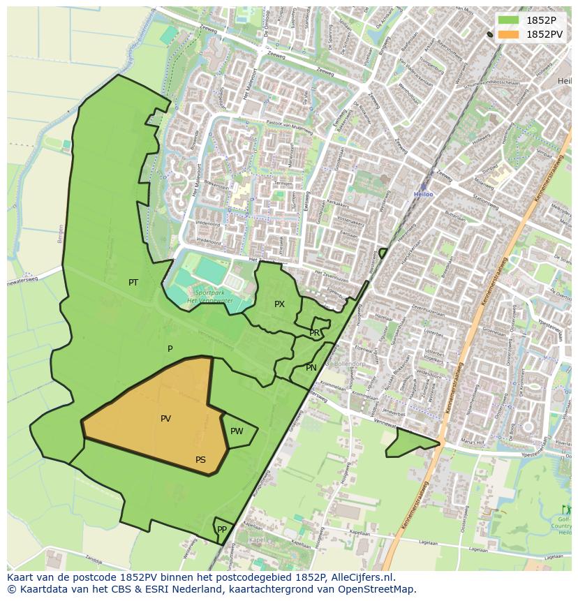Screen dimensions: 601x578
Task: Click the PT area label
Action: (133, 283)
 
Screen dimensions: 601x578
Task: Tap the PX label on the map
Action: (279, 304)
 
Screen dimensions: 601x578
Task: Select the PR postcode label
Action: (315, 333)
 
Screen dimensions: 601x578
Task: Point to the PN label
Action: (311, 368)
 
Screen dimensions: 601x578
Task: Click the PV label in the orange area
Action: (165, 419)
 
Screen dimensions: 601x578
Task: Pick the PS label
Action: (200, 460)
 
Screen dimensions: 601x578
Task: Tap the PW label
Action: (237, 431)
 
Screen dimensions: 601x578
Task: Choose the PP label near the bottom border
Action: (222, 530)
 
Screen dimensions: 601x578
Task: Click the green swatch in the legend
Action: (509, 20)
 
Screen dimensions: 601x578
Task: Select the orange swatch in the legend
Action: (509, 34)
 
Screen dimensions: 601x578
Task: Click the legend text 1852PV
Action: (545, 34)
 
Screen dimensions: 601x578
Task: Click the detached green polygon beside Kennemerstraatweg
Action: (408, 443)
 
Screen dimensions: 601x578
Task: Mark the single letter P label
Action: (170, 349)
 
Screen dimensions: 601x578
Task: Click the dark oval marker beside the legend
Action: (490, 34)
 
